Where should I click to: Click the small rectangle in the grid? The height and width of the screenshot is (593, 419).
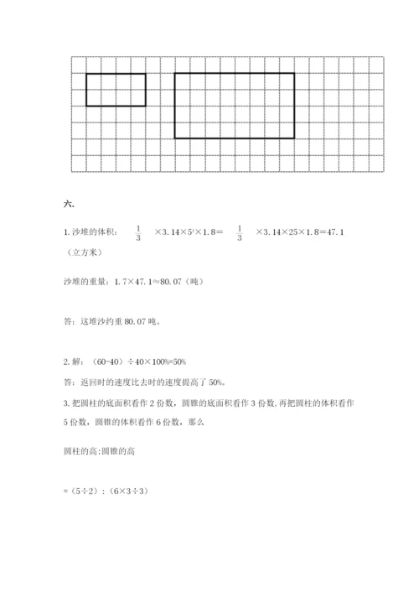(x=116, y=90)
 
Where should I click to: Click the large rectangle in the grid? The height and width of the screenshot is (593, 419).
(x=235, y=105)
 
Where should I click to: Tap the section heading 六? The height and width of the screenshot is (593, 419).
(x=69, y=202)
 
